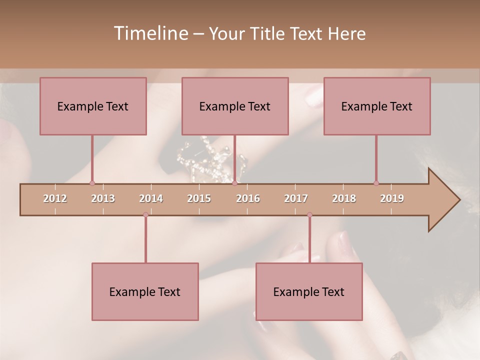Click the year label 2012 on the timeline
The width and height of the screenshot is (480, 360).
pos(55,198)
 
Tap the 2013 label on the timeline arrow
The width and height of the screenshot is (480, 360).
pos(103,198)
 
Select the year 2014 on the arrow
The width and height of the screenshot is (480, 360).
pos(151,198)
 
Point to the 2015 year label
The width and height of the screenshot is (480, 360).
pos(199,198)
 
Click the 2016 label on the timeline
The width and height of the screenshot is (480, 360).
pos(248,198)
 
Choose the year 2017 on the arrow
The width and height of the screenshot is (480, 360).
pos(296,198)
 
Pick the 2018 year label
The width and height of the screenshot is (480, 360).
pos(344,198)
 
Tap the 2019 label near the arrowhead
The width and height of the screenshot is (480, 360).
pos(392,198)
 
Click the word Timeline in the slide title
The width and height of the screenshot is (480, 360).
pos(150,33)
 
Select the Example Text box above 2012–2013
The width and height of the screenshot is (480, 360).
pos(93,106)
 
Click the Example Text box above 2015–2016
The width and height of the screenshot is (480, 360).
pos(235,106)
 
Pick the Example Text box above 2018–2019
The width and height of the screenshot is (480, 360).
pos(377,106)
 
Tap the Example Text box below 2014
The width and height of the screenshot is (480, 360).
pos(145,291)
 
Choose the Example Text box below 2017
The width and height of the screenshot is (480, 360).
pos(309,291)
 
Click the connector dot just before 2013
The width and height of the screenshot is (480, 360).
pos(92,183)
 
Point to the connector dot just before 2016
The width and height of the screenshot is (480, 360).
pos(234,183)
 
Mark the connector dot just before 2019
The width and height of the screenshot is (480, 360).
pos(376,183)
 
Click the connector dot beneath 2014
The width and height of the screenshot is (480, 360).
pos(145,214)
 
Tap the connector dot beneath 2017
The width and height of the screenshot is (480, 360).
pos(309,214)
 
